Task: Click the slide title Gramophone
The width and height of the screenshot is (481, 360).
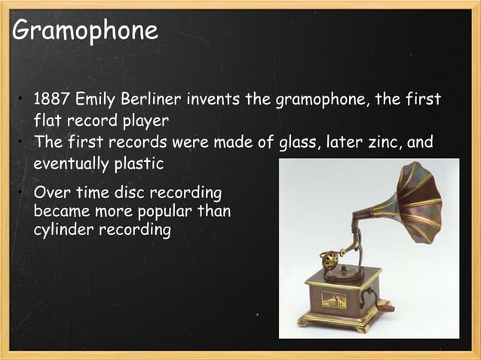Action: click(x=85, y=31)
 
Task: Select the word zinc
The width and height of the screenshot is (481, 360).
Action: click(x=378, y=143)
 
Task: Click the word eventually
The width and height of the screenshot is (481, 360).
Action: click(x=72, y=163)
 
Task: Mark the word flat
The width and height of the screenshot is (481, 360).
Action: click(x=48, y=119)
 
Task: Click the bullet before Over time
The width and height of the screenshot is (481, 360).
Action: click(x=23, y=194)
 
